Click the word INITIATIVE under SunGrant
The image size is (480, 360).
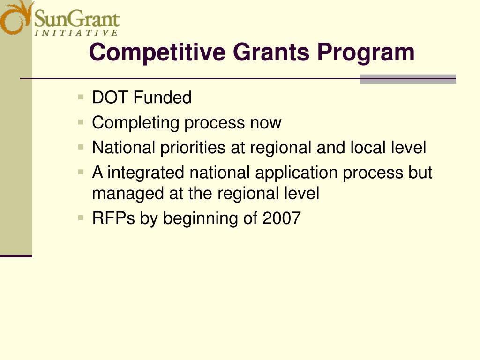click(76, 33)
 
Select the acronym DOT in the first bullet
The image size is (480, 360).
click(111, 98)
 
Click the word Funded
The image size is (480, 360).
click(162, 98)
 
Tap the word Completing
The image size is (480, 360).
click(136, 123)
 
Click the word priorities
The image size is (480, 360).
click(193, 148)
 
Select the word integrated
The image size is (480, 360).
click(146, 173)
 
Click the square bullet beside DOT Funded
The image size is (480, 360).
click(81, 97)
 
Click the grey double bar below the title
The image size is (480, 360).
click(408, 79)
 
